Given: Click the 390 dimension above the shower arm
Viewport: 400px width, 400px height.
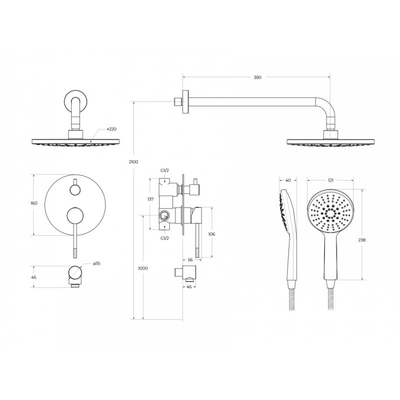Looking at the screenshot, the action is pos(257,77).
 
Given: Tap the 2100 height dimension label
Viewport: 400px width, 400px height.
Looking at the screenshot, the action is pos(133,161).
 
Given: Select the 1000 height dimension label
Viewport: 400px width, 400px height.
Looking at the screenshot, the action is pos(142,268).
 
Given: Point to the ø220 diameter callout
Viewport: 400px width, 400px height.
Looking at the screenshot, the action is pos(111,129).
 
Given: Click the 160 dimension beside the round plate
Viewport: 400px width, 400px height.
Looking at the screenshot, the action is pos(33,203).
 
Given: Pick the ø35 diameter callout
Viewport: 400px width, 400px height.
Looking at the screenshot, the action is pos(96,263).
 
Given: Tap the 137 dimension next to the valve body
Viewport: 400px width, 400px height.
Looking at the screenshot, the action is pos(150,199).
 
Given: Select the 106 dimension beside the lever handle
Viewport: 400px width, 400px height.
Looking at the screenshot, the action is pos(211,234).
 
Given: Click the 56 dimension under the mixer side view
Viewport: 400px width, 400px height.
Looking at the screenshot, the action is pos(190,259).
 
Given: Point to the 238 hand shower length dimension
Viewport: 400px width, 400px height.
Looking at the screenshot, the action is pos(361,240).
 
